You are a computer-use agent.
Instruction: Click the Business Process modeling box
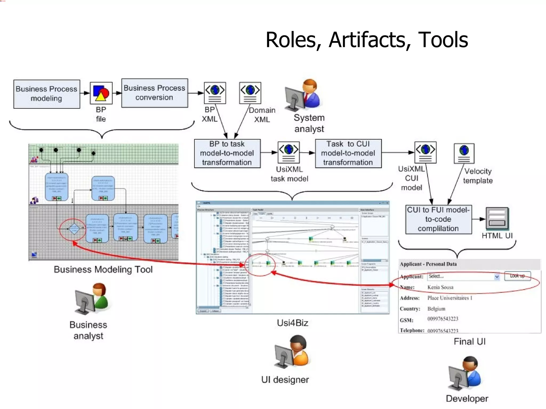[x=47, y=94]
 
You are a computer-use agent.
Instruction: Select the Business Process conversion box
[x=154, y=93]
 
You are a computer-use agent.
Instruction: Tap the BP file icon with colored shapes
[x=101, y=93]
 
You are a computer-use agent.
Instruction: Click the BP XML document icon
[x=215, y=93]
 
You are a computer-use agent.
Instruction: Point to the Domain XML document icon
[x=250, y=93]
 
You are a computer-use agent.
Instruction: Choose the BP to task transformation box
[x=227, y=153]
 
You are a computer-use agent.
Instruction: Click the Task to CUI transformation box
[x=348, y=153]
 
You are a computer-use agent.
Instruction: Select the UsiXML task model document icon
[x=288, y=152]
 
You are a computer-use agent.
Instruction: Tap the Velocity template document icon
[x=464, y=153]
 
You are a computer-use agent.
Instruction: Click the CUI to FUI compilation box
[x=438, y=219]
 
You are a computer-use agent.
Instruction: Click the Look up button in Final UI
[x=517, y=276]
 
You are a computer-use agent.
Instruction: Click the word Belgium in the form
[x=436, y=309]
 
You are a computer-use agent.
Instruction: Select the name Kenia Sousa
[x=440, y=287]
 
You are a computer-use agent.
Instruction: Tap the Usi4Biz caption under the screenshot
[x=292, y=323]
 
